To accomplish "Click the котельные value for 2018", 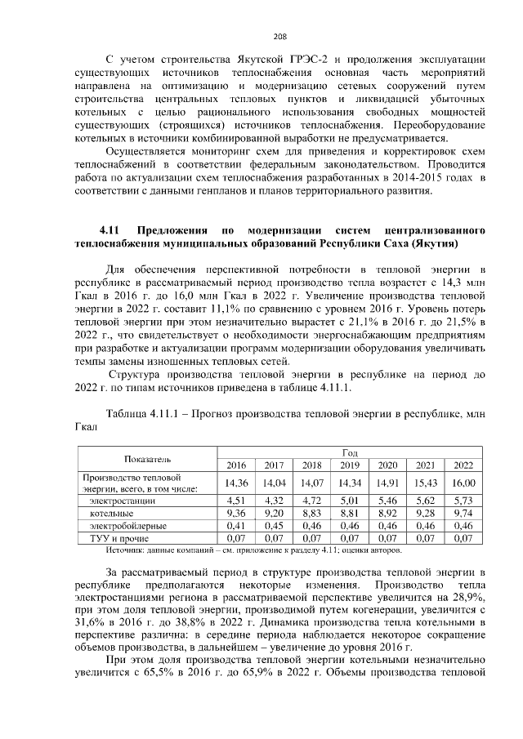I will tap(312, 513).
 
